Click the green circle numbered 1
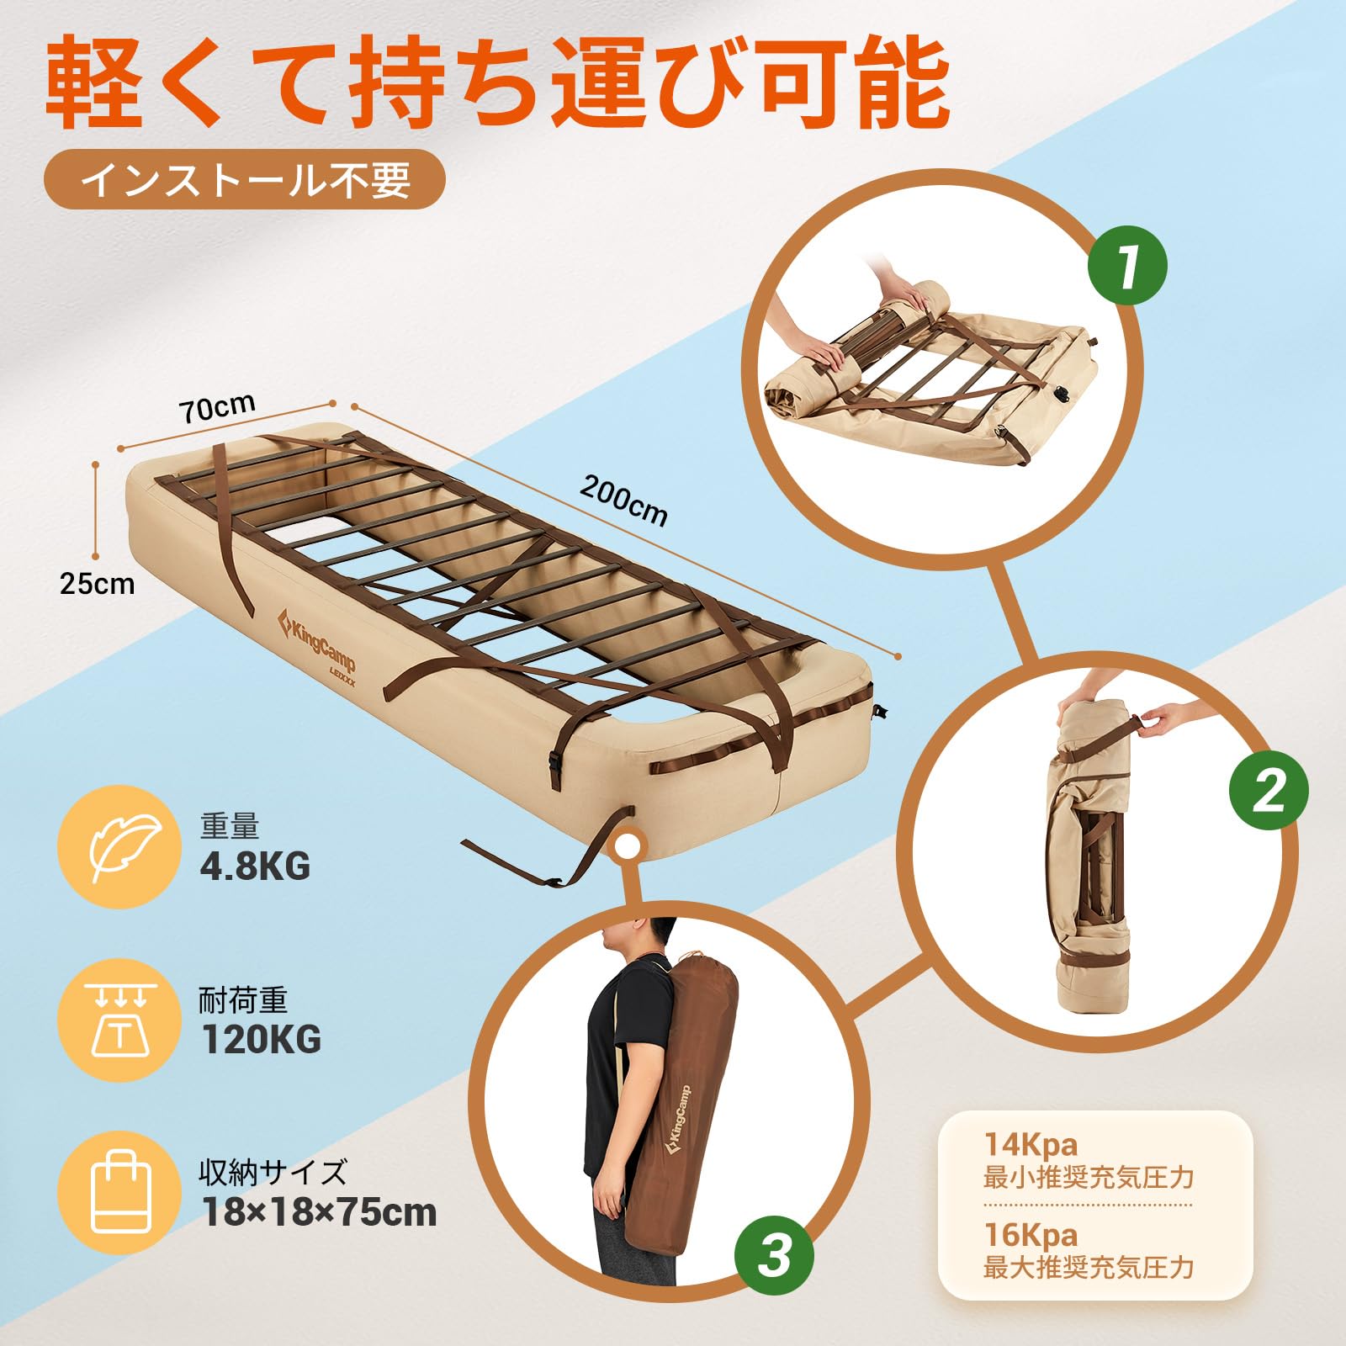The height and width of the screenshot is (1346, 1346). coord(1128,267)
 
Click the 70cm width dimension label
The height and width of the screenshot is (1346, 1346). coord(217,410)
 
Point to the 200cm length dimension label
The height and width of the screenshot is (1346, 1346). coord(623,500)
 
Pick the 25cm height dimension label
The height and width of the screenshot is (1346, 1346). coord(97,584)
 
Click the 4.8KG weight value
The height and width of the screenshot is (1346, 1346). coord(255,866)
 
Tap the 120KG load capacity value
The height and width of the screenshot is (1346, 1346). coord(261,1040)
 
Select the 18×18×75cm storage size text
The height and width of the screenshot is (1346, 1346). coord(319,1212)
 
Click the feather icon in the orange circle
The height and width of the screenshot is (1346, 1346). coord(119,848)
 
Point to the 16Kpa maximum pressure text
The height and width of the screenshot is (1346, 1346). coord(1031,1234)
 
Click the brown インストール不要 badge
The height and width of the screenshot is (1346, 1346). coord(244,179)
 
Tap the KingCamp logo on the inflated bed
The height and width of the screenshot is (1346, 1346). coord(318,641)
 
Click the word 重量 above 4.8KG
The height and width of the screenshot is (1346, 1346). coord(229,827)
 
